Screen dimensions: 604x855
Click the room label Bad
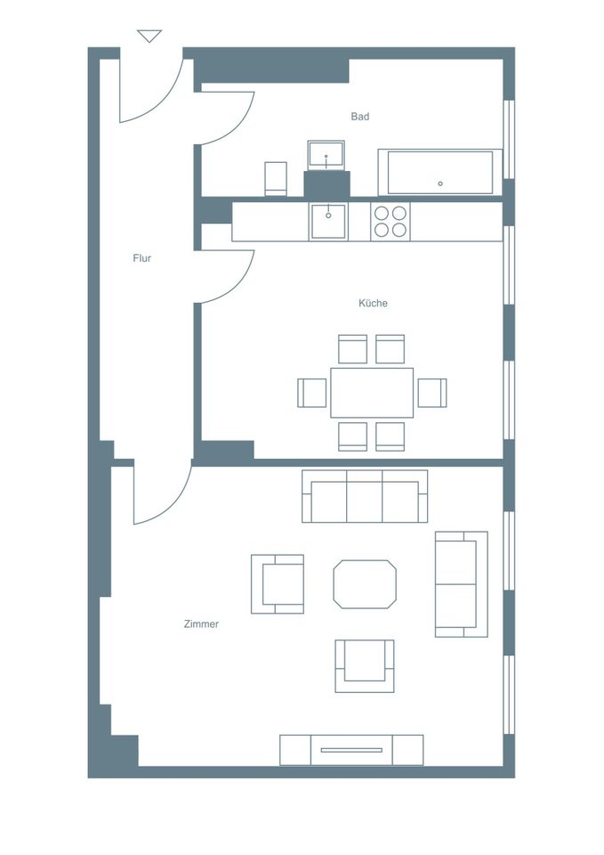pos(360,116)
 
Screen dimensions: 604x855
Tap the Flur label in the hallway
pos(142,258)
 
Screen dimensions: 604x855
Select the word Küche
pos(373,303)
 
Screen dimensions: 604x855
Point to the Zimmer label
pos(202,623)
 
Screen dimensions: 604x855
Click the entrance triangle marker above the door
pos(149,36)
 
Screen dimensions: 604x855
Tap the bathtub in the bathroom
pos(440,172)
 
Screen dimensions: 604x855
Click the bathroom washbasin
pos(326,155)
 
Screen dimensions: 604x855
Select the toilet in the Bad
pos(276,178)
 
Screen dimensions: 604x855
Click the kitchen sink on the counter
pos(328,222)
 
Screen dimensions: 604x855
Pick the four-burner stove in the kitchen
pos(391,222)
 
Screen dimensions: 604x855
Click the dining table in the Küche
pos(372,393)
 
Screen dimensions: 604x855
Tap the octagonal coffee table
pos(365,584)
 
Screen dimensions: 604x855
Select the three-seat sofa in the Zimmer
pos(365,496)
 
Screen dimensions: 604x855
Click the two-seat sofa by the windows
pos(462,584)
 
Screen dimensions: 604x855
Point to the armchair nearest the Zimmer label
pos(278,584)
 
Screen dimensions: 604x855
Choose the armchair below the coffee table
pos(365,666)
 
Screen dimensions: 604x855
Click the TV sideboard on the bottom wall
pos(351,750)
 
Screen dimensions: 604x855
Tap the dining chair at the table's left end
pos(312,393)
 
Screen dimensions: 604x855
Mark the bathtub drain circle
pos(440,183)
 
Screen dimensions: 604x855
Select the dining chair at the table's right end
pos(432,393)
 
